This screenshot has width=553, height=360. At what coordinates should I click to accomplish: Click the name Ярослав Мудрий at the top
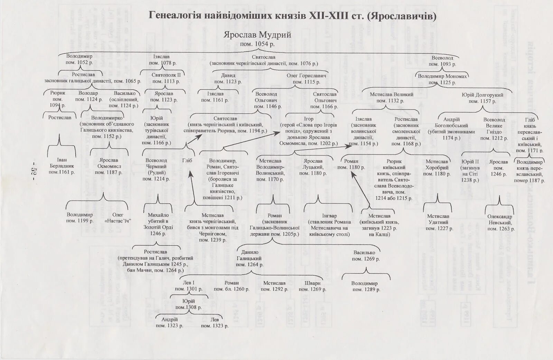(x=257, y=35)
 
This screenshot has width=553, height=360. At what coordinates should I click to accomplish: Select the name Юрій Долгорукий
(x=482, y=95)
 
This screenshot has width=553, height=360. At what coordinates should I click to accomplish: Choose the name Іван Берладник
(x=62, y=163)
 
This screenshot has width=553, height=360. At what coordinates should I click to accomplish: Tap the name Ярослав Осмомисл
(x=109, y=163)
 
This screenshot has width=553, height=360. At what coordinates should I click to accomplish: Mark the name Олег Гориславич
(x=306, y=76)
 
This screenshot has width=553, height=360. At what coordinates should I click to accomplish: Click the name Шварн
(x=312, y=283)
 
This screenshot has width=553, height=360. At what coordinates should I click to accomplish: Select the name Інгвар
(x=327, y=216)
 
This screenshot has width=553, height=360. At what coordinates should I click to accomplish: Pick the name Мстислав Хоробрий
(x=437, y=164)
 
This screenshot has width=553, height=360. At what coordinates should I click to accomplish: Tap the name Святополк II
(x=166, y=75)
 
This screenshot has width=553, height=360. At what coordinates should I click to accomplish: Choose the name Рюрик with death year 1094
(x=58, y=93)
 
